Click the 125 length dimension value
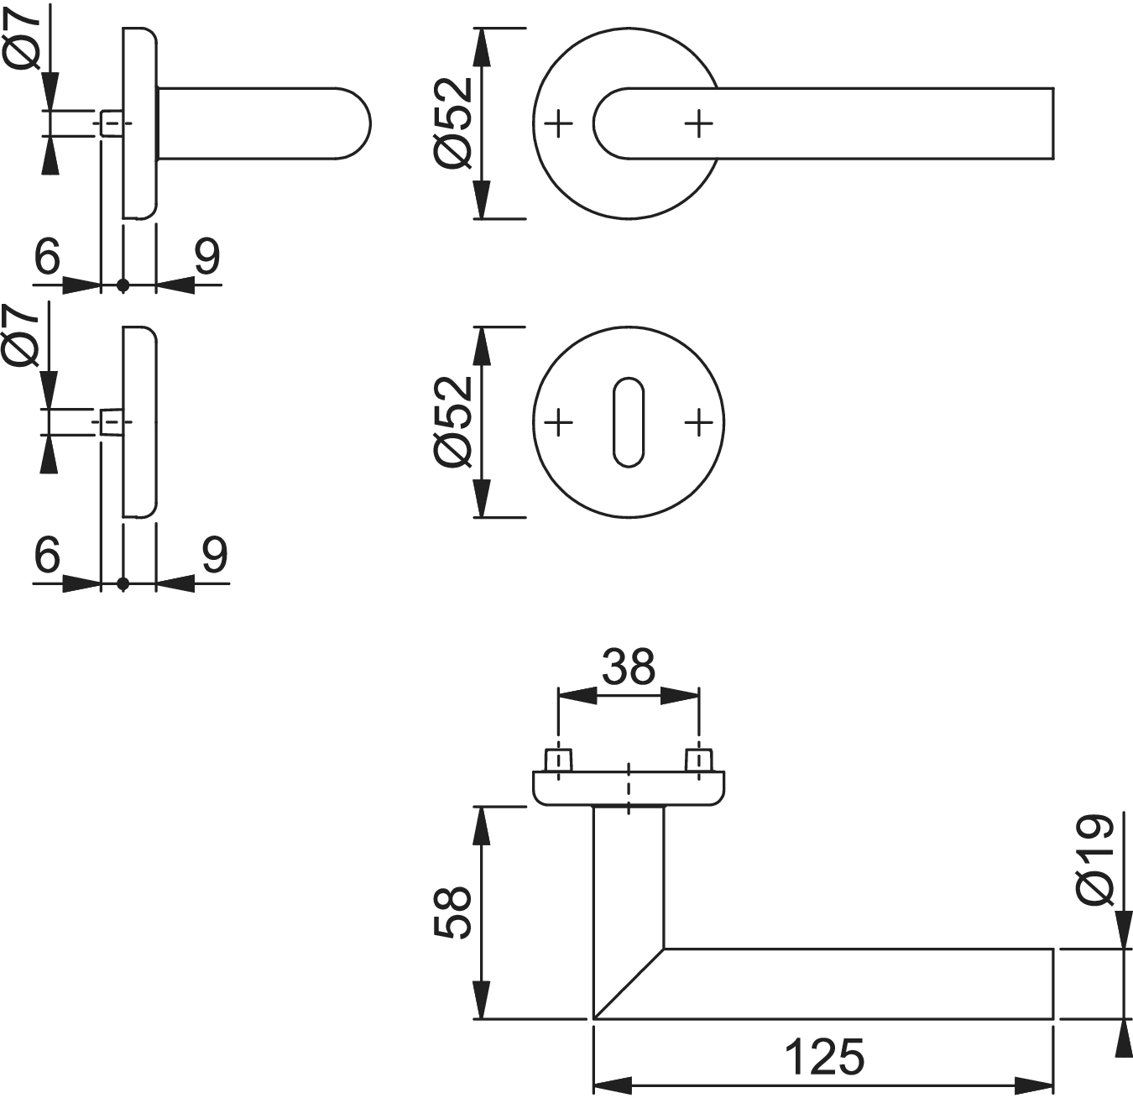click(x=824, y=1057)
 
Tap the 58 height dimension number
click(x=454, y=912)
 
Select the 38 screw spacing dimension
click(x=629, y=667)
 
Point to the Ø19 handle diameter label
click(x=1096, y=860)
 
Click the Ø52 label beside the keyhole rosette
click(x=454, y=421)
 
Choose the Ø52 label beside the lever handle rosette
click(x=454, y=123)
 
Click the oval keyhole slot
click(x=628, y=422)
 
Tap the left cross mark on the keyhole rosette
click(x=558, y=422)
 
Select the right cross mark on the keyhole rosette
click(x=698, y=422)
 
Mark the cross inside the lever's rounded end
click(x=698, y=124)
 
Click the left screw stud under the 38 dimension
click(x=559, y=760)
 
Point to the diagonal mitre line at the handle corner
click(x=629, y=984)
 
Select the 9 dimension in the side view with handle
click(x=206, y=256)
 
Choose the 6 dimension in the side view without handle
click(x=48, y=554)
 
